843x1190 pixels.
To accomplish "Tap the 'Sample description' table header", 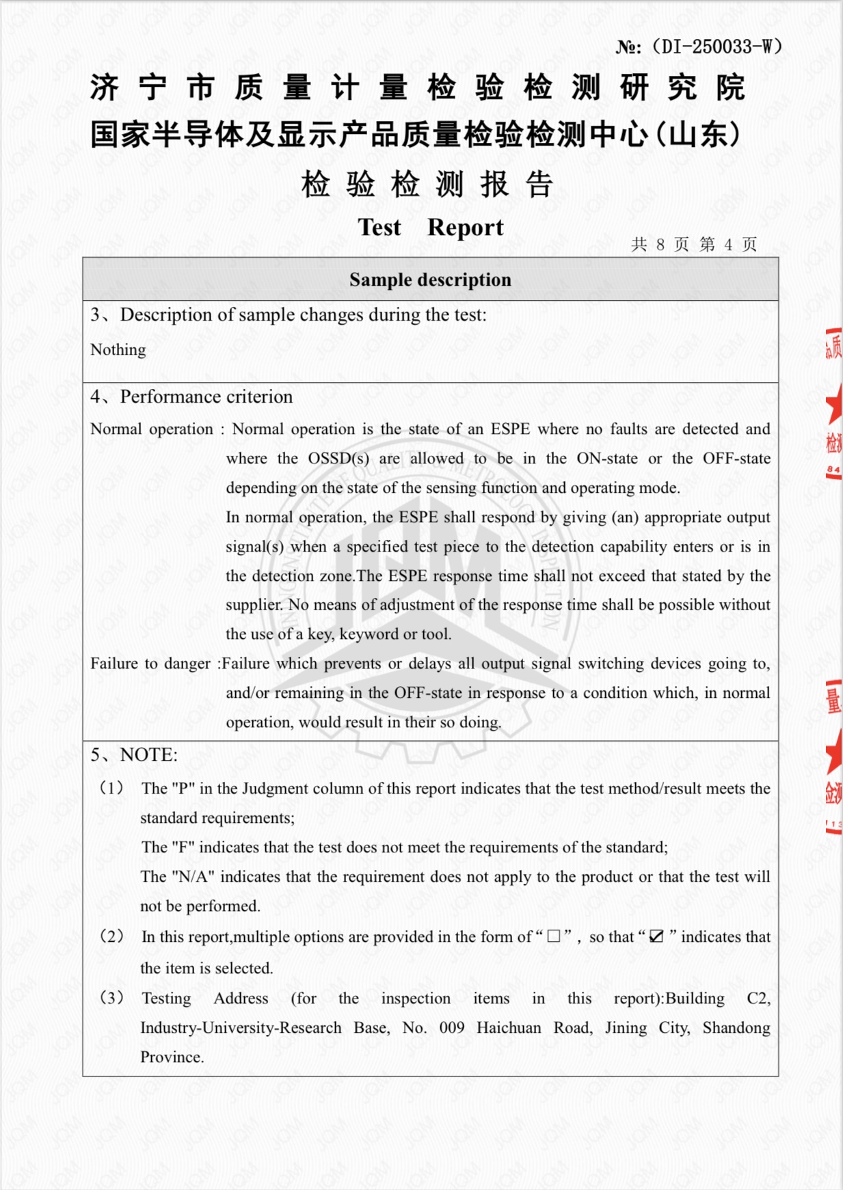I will coord(430,280).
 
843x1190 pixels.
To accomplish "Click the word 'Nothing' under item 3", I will coord(118,350).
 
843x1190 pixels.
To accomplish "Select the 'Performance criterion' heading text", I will coord(206,397).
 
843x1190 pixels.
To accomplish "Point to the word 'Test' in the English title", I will coord(379,228).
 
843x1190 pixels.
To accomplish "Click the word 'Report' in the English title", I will coord(465,228).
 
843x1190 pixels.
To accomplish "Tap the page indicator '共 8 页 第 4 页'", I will coord(693,245).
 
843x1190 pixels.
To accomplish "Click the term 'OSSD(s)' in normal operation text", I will coord(338,459).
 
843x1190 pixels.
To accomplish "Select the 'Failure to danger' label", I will coord(150,664).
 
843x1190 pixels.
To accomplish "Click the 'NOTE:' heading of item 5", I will coord(148,755).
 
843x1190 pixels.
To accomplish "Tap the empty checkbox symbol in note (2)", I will coord(554,936).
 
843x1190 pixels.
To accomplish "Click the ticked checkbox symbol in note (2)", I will coord(656,936).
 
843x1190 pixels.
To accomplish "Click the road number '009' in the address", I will coord(451,1028).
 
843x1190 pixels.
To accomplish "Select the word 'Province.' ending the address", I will coord(172,1057).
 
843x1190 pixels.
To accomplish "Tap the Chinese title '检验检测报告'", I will coord(427,185).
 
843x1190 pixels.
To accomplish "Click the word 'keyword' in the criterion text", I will coord(369,634).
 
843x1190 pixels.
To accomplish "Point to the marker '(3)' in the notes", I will coord(112,998).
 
